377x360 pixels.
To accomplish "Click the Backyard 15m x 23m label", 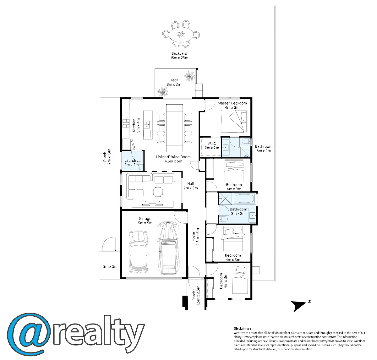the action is click(179, 56).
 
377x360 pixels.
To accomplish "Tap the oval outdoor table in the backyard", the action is click(181, 35).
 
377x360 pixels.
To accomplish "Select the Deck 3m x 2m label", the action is click(174, 82).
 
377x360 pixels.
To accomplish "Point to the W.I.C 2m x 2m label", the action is click(212, 145).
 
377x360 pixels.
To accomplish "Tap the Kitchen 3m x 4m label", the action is click(136, 125).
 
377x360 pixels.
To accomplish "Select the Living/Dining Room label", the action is click(173, 159).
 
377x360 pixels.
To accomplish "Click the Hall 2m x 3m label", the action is click(191, 186).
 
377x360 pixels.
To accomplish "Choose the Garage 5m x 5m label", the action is click(145, 221).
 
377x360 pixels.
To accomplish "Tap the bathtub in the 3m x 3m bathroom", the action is click(244, 199).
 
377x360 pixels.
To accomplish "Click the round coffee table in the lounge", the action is click(158, 192).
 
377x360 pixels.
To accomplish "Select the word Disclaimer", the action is click(242, 328).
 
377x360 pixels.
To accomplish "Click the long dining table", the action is click(174, 128).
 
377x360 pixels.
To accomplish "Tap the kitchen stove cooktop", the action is click(126, 124).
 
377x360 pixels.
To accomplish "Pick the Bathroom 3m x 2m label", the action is click(264, 149).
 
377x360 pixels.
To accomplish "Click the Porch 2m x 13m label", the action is click(107, 156).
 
